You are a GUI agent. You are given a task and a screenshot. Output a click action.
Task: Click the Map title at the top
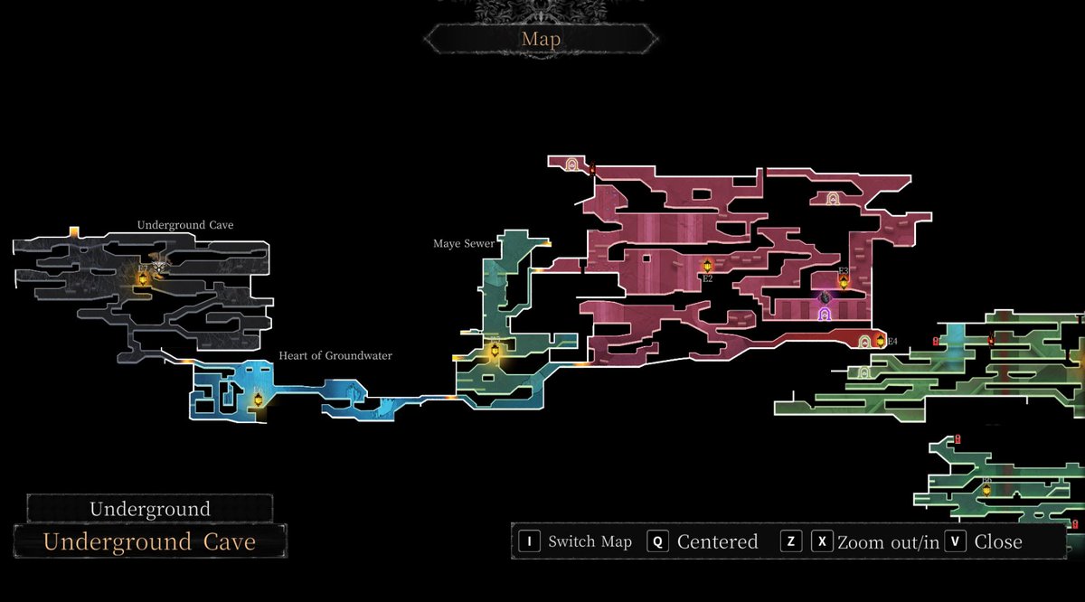[x=542, y=39]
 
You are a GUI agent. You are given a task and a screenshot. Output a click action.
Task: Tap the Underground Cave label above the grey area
[x=185, y=225]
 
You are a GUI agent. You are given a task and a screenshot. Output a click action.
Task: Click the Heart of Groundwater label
[x=335, y=356]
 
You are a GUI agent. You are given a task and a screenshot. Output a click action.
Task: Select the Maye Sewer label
[x=464, y=244]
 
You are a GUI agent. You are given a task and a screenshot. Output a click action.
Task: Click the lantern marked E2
[x=707, y=266]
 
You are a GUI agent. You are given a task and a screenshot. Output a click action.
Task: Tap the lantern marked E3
[x=844, y=281]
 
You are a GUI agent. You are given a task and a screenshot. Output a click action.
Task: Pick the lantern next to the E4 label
[x=880, y=341]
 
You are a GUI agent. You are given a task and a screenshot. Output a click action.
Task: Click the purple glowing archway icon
[x=825, y=314]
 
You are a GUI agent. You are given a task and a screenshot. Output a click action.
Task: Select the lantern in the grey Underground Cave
[x=143, y=279]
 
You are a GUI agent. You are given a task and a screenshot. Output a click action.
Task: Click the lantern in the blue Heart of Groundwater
[x=258, y=399]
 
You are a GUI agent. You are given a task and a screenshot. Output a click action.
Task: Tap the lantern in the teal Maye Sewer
[x=494, y=351]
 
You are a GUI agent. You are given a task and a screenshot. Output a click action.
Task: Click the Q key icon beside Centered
[x=658, y=541]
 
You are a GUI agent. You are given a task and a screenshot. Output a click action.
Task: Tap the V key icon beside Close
[x=956, y=541]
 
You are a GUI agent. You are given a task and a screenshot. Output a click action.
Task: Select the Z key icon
[x=791, y=541]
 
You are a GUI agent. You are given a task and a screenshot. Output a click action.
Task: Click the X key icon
[x=821, y=541]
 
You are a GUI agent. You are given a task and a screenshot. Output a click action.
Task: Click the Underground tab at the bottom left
[x=149, y=509]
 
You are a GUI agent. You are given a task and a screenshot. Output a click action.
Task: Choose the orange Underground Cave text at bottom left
[x=149, y=542]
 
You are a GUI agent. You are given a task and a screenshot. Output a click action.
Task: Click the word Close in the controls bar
[x=998, y=541]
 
